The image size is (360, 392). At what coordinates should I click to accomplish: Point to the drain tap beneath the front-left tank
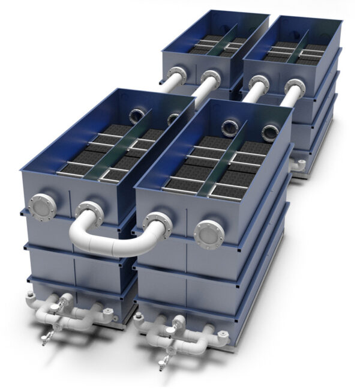click(x=48, y=336)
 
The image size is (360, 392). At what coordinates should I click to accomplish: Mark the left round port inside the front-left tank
click(x=136, y=115)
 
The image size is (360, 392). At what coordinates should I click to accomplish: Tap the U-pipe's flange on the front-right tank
click(x=158, y=223)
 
